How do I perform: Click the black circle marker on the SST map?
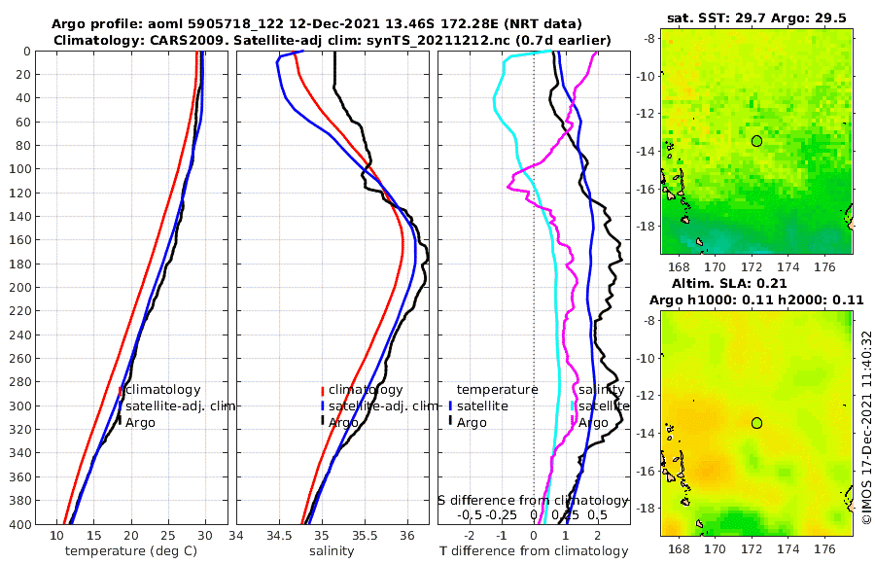tap(756, 140)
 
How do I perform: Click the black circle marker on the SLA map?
tap(756, 423)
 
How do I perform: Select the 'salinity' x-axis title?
tap(331, 550)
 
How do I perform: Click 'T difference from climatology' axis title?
tap(534, 550)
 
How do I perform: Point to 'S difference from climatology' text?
tap(533, 500)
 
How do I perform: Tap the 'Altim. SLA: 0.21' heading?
tap(757, 282)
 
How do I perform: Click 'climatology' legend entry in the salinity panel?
tap(365, 390)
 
